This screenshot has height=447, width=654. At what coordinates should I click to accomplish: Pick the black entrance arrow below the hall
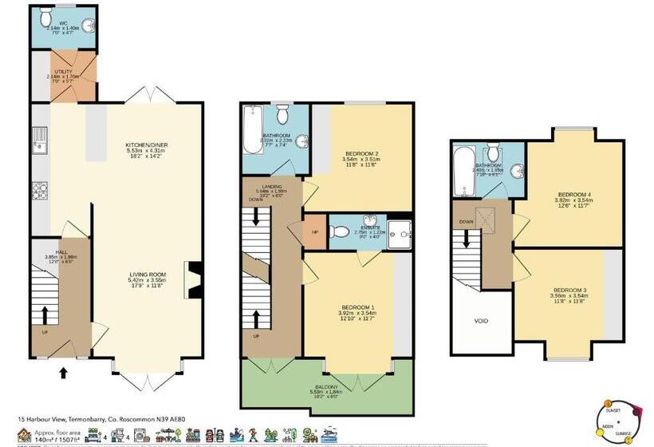click(x=64, y=371)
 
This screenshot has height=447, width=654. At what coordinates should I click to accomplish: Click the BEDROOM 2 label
click(x=361, y=152)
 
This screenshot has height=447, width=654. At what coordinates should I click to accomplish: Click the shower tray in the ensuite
click(x=403, y=231)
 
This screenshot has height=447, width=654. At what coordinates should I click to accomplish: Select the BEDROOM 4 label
click(x=574, y=195)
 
